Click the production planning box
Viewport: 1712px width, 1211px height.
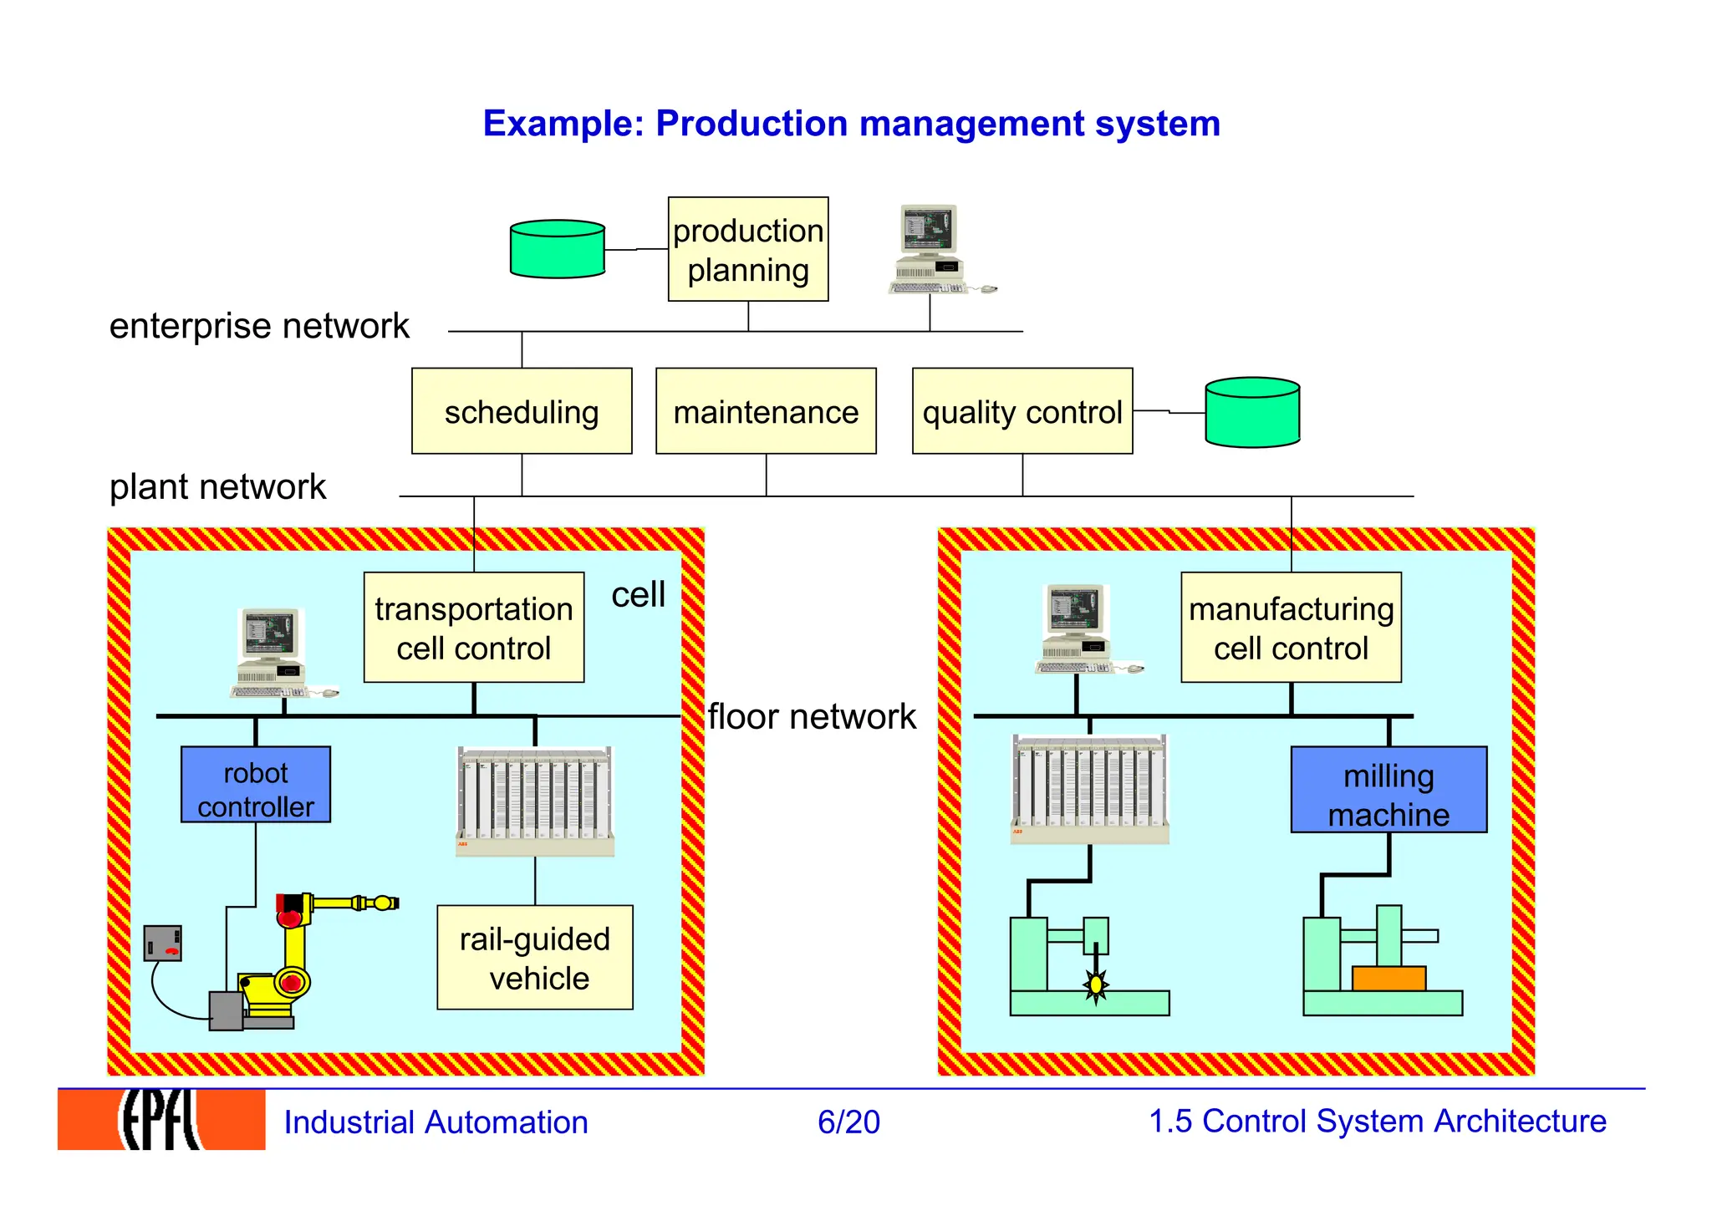(747, 249)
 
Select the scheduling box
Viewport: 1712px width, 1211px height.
(522, 411)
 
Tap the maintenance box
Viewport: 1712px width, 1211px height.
(766, 411)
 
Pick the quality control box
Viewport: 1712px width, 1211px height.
(1022, 411)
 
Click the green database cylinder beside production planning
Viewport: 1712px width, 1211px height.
(557, 249)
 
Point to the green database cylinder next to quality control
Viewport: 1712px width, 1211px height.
(1251, 412)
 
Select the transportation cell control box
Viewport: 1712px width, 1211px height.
(473, 628)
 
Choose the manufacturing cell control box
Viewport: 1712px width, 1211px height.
(1290, 628)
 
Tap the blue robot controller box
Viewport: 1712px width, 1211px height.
(255, 785)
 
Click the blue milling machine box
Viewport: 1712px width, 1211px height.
(1388, 790)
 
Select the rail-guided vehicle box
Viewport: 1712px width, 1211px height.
(534, 958)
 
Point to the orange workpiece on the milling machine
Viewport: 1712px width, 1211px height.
(1388, 979)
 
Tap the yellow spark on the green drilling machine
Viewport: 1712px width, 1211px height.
(1095, 985)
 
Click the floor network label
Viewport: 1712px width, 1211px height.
(811, 717)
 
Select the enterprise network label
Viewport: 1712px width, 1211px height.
(259, 326)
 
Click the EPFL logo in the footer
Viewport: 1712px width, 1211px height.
(161, 1120)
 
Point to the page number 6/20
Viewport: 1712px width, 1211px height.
(848, 1122)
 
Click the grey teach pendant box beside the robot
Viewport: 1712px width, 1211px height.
(162, 944)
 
